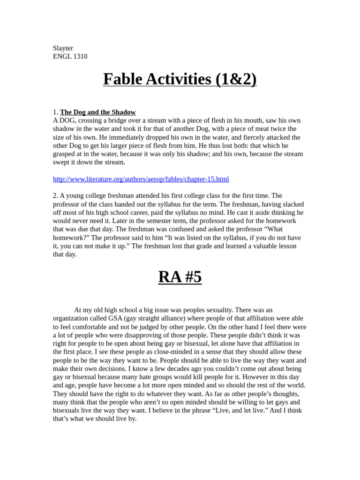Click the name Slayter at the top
pyautogui.click(x=63, y=48)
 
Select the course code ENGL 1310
pyautogui.click(x=70, y=57)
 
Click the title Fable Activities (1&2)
pyautogui.click(x=180, y=79)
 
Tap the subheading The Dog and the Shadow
pyautogui.click(x=97, y=112)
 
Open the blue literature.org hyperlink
pyautogui.click(x=141, y=179)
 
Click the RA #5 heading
pyautogui.click(x=180, y=277)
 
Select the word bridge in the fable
pyautogui.click(x=118, y=120)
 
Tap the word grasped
pyautogui.click(x=65, y=154)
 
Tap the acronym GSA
pyautogui.click(x=116, y=318)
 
